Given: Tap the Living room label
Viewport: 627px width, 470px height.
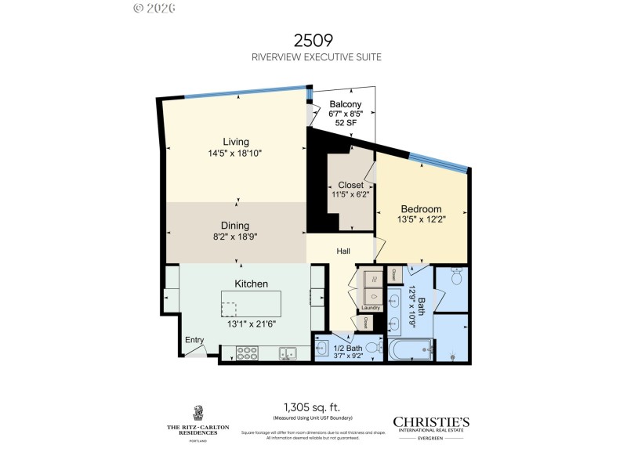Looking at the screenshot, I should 235,142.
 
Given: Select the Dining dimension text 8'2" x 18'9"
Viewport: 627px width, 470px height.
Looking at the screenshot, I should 235,237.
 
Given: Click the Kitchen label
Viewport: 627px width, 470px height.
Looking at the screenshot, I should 252,284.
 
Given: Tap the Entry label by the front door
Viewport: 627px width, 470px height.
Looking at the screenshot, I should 194,340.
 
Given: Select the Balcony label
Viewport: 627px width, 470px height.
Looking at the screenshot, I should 345,104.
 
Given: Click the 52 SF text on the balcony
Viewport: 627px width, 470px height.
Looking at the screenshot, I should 345,123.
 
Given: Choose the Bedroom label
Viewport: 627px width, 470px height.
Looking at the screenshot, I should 421,209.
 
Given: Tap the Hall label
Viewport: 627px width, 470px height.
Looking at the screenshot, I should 343,251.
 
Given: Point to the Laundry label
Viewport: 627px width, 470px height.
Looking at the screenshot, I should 371,307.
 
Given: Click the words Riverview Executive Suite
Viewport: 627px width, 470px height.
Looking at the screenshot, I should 316,57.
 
